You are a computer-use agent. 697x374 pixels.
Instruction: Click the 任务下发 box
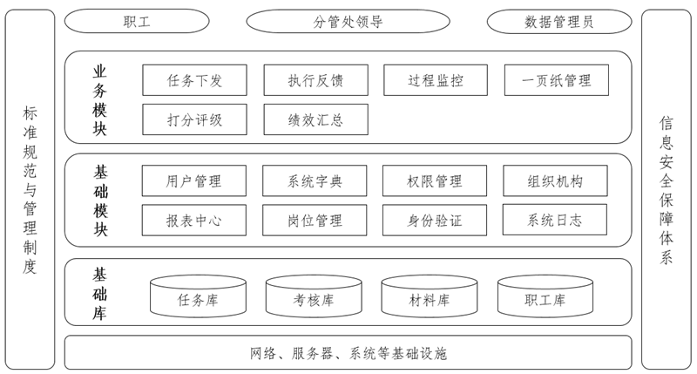(194, 81)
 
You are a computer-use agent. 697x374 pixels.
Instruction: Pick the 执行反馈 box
(315, 81)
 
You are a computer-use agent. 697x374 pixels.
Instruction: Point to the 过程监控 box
(436, 81)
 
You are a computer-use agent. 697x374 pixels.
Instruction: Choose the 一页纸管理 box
(556, 81)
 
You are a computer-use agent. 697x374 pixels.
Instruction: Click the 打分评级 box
(194, 119)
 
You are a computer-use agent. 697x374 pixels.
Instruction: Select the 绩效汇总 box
(315, 119)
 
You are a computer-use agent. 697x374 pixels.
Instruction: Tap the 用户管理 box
(194, 181)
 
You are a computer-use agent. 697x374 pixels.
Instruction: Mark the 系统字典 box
(315, 181)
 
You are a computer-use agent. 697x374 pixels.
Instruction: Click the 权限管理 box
(435, 181)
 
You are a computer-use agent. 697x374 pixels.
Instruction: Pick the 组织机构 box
(555, 181)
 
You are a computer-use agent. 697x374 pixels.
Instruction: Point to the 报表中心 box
(194, 221)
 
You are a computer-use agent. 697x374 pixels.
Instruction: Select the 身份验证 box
(435, 221)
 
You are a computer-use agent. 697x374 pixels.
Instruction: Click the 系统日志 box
(555, 221)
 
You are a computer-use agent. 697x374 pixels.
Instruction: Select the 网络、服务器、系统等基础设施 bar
(348, 353)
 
